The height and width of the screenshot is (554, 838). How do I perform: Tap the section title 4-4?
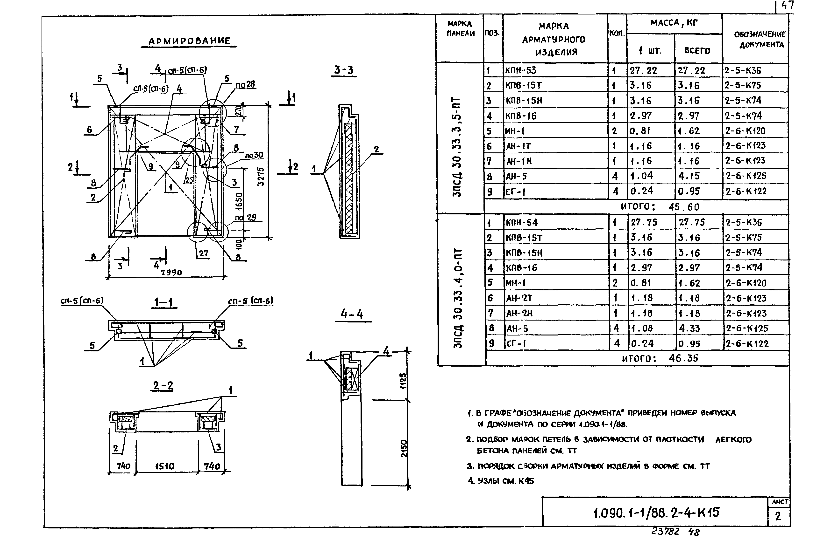pos(352,314)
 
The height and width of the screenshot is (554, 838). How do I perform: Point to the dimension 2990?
pos(171,272)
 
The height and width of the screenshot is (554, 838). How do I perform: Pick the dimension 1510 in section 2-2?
pos(165,466)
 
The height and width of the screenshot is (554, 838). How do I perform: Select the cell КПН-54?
pos(522,223)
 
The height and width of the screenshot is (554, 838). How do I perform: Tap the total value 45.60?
pos(684,207)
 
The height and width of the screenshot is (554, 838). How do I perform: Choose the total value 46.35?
pos(683,358)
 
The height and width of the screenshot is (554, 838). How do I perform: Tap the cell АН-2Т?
pos(519,298)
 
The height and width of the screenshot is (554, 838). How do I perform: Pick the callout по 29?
pos(246,217)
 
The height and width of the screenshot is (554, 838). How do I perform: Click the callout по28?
pos(245,84)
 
